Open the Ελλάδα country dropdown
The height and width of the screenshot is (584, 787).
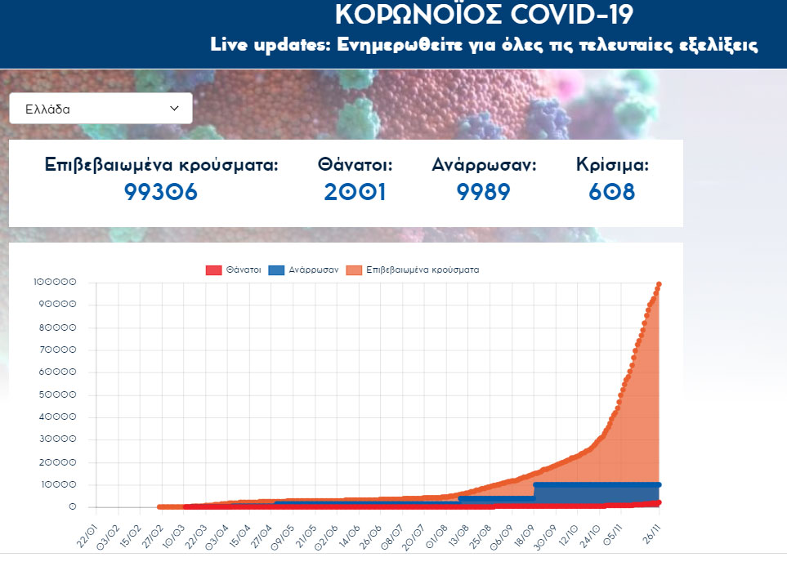[x=101, y=108]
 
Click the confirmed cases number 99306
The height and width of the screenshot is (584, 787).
[x=161, y=192]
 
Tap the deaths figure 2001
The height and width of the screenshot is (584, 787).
[x=355, y=192]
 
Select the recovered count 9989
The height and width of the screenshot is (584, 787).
[x=484, y=192]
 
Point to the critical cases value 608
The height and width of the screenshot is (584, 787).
[x=612, y=192]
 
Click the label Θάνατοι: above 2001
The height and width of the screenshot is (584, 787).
[x=355, y=165]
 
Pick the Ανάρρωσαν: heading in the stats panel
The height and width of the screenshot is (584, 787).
[x=484, y=165]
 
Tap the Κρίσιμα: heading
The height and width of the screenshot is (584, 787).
[x=612, y=165]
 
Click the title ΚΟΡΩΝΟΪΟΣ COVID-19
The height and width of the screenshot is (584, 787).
[x=484, y=15]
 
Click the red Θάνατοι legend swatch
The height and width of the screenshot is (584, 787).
[x=213, y=270]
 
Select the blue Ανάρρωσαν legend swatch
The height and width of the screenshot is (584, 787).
[x=276, y=270]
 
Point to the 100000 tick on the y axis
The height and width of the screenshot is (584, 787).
[x=56, y=283]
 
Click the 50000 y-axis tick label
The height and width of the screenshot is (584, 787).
[x=58, y=395]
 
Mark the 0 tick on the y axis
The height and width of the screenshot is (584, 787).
[x=73, y=507]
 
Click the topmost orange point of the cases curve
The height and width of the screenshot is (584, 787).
[x=659, y=284]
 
